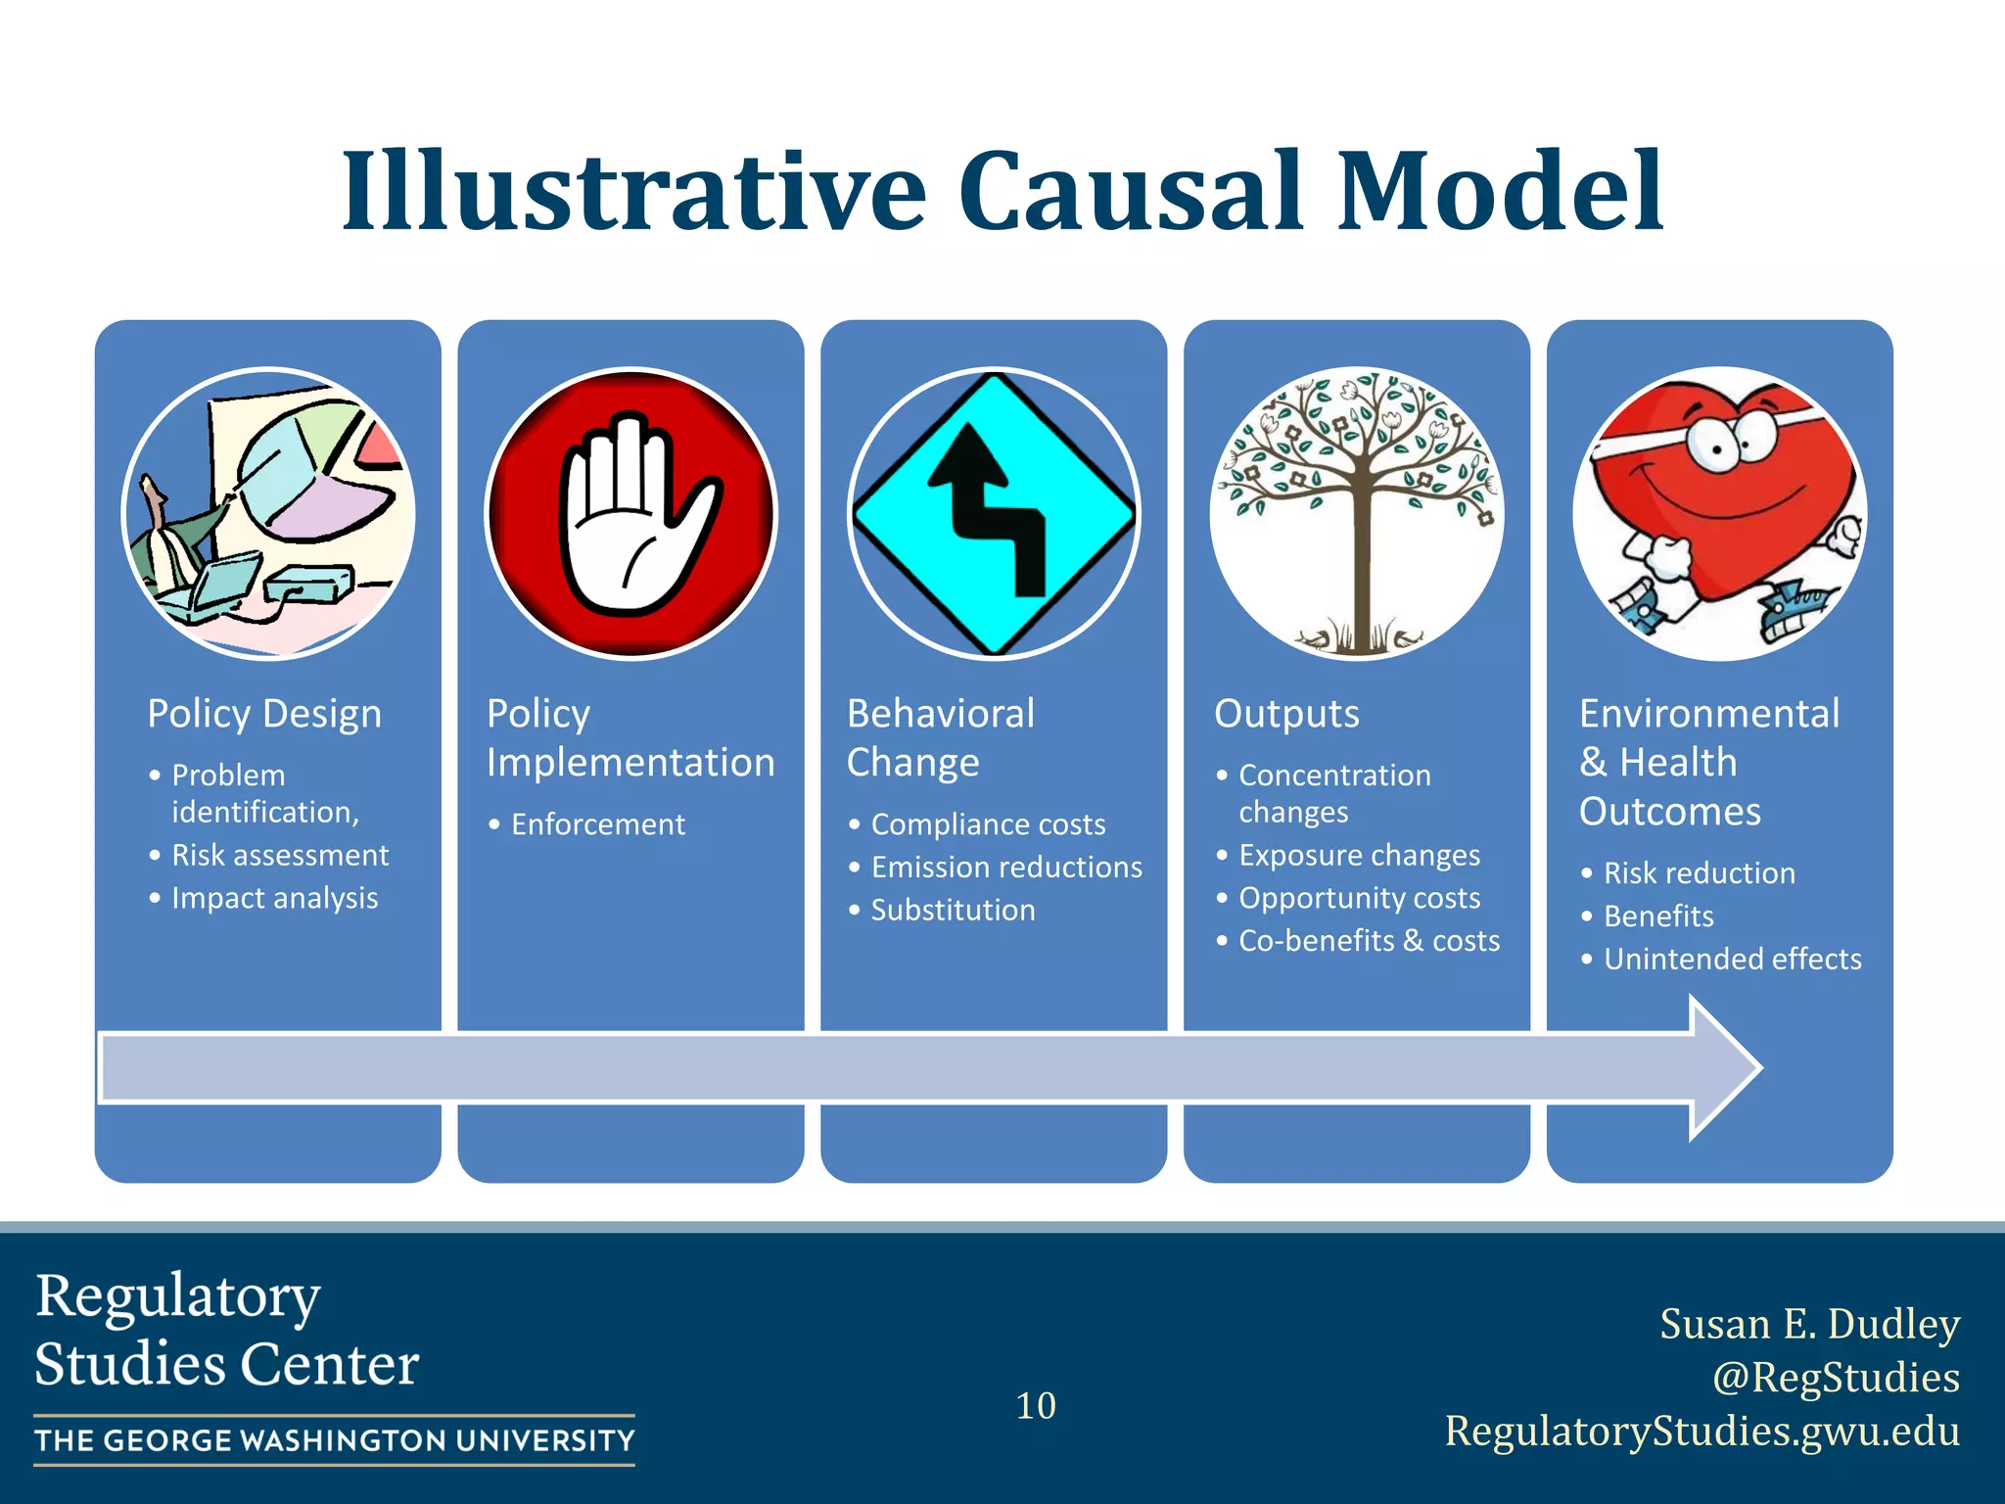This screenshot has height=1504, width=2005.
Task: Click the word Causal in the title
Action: pyautogui.click(x=1130, y=191)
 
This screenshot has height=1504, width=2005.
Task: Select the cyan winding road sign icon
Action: pyautogui.click(x=994, y=514)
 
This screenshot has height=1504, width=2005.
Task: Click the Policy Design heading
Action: pyautogui.click(x=264, y=714)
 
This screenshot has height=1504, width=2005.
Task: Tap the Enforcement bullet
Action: pyautogui.click(x=597, y=824)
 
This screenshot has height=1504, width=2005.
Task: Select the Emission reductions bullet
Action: pyautogui.click(x=1006, y=868)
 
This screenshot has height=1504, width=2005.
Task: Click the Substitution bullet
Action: pyautogui.click(x=953, y=911)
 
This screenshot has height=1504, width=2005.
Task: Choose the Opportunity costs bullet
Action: pyautogui.click(x=1359, y=898)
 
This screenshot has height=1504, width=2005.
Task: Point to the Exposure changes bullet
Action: pyautogui.click(x=1359, y=856)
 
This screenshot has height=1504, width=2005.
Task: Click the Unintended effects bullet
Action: pyautogui.click(x=1732, y=959)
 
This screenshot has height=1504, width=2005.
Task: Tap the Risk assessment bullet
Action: pyautogui.click(x=280, y=856)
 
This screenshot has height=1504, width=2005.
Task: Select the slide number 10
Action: pyautogui.click(x=1036, y=1406)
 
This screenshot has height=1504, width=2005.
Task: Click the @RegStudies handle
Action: pyautogui.click(x=1835, y=1377)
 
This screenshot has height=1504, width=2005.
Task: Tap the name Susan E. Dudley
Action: pyautogui.click(x=1809, y=1324)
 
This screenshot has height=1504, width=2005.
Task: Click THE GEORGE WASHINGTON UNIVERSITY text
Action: pyautogui.click(x=335, y=1440)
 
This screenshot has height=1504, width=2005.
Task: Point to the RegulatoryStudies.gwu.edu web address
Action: pyautogui.click(x=1702, y=1431)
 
